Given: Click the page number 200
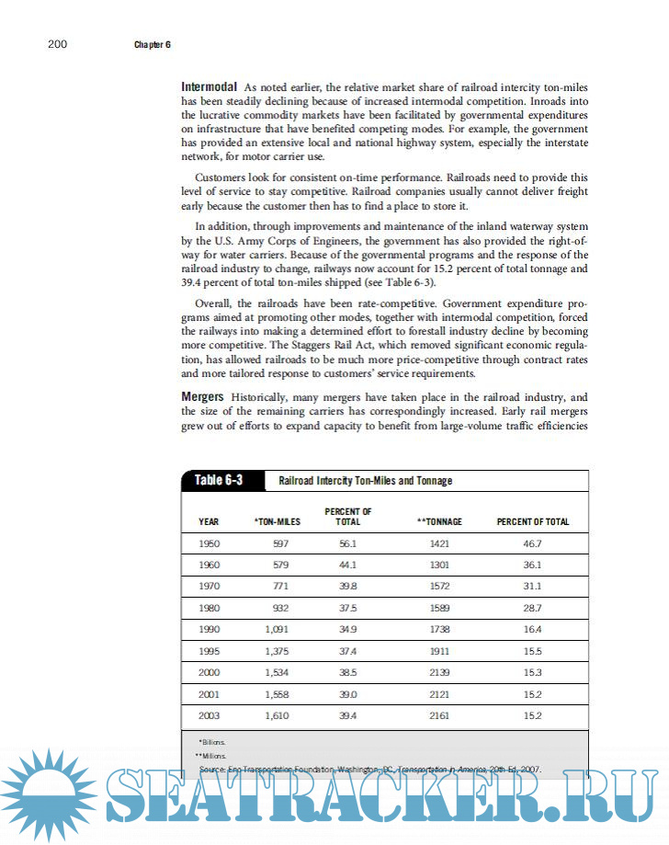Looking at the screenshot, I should [56, 44].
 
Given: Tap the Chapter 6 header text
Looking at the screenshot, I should [152, 44].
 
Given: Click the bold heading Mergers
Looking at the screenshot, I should [204, 395].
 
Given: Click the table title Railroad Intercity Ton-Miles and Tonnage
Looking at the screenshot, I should [365, 481].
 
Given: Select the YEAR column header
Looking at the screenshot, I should [209, 521].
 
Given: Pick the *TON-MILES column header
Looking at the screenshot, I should [277, 521].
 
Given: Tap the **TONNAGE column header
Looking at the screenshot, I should [439, 521].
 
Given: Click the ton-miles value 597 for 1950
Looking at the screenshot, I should [281, 544].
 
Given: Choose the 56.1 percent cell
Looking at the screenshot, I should [347, 544].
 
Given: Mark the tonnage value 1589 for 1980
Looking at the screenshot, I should [440, 608].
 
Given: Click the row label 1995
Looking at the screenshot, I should [209, 651].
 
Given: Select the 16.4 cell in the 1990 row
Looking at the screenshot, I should [532, 630].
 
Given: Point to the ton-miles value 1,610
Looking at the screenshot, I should [277, 714].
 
